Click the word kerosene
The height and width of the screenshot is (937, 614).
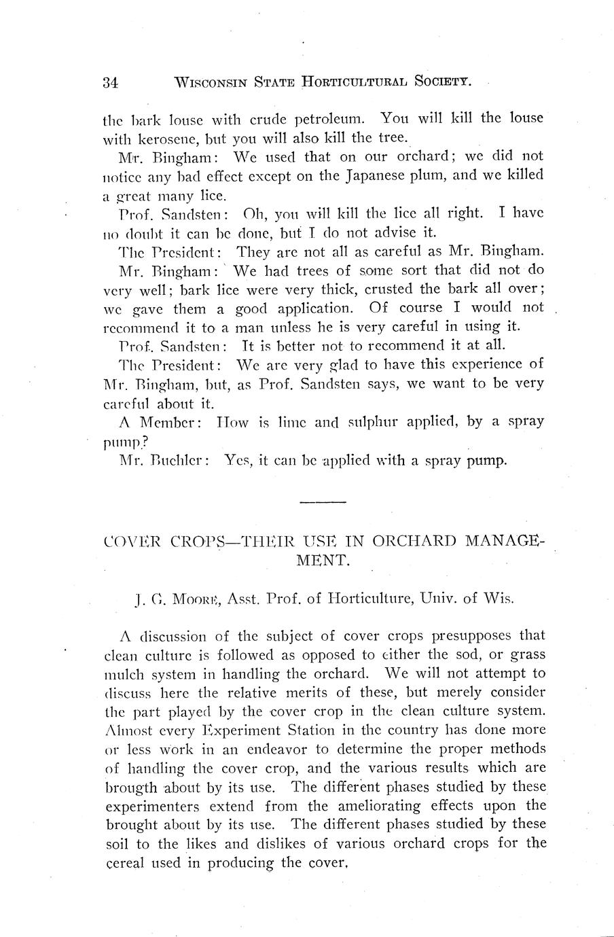pos(154,139)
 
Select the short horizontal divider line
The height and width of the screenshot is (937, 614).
pos(323,502)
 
